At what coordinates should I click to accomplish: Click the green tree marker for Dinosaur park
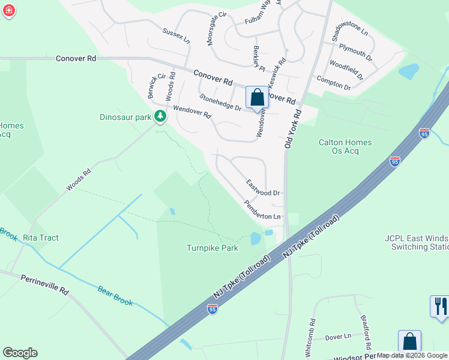[160, 116]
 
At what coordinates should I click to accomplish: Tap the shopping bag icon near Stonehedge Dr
[257, 97]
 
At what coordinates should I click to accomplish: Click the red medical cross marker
[9, 11]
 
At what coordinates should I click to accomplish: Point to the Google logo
[20, 353]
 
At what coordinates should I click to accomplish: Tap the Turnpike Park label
[212, 248]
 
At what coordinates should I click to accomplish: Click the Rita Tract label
[41, 238]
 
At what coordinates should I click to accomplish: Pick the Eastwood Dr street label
[263, 188]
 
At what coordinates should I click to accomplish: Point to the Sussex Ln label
[176, 35]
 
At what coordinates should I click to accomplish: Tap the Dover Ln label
[340, 337]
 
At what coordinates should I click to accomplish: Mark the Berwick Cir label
[156, 86]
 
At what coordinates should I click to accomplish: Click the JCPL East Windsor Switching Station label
[417, 242]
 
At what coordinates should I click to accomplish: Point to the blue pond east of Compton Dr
[409, 72]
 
